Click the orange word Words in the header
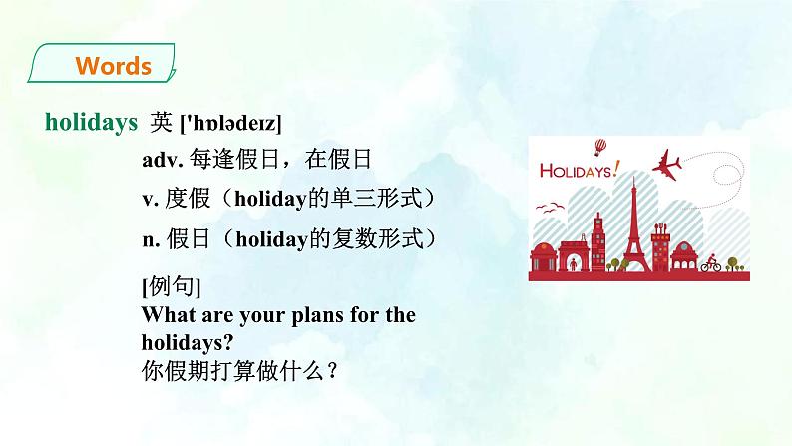click(113, 67)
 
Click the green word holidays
click(91, 123)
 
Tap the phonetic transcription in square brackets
click(229, 124)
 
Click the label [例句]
click(172, 288)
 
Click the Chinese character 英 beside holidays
click(161, 123)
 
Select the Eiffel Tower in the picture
click(632, 229)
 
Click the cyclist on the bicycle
click(710, 264)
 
